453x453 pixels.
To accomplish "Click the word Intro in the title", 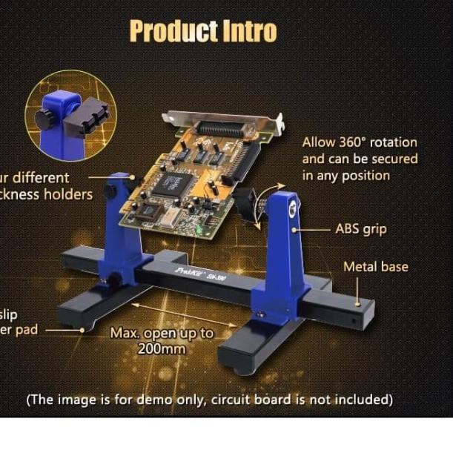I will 249,31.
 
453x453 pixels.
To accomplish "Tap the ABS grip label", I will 362,228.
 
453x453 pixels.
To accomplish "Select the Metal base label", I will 376,266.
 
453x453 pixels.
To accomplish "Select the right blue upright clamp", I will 282,252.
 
